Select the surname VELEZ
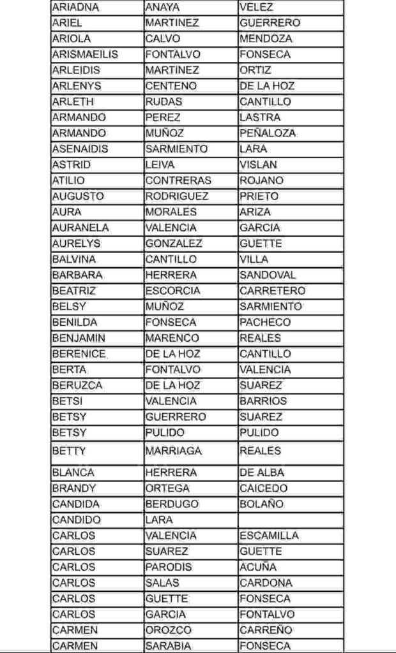(257, 8)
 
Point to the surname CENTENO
(171, 86)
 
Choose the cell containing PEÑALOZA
(268, 133)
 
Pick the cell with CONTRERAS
(178, 180)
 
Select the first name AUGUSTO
(78, 196)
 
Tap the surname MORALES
(171, 212)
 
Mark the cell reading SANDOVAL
(268, 275)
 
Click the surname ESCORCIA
(172, 291)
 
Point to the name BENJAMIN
(79, 338)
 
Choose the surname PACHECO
(265, 322)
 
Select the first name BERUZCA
(77, 385)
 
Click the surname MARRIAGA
(173, 451)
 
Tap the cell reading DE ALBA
(262, 473)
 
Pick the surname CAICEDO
(264, 488)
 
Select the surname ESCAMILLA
(269, 536)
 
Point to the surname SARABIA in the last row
(168, 646)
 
